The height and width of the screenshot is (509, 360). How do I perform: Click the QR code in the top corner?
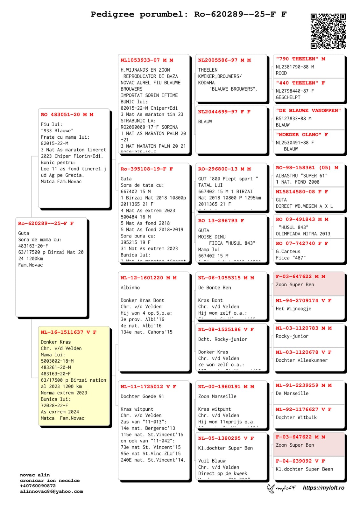point(328,31)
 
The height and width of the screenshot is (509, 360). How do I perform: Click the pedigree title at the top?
point(188,14)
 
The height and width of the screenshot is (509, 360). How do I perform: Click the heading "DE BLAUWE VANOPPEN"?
point(308,110)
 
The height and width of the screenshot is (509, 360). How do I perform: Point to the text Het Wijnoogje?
point(293,309)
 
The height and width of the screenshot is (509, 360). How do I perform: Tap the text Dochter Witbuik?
point(296,417)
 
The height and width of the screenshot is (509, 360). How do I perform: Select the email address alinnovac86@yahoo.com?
point(51,492)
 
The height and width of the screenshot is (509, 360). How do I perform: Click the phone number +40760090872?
point(38,486)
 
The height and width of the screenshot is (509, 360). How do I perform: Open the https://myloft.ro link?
point(323,488)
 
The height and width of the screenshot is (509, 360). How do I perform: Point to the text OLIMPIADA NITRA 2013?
point(303,234)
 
